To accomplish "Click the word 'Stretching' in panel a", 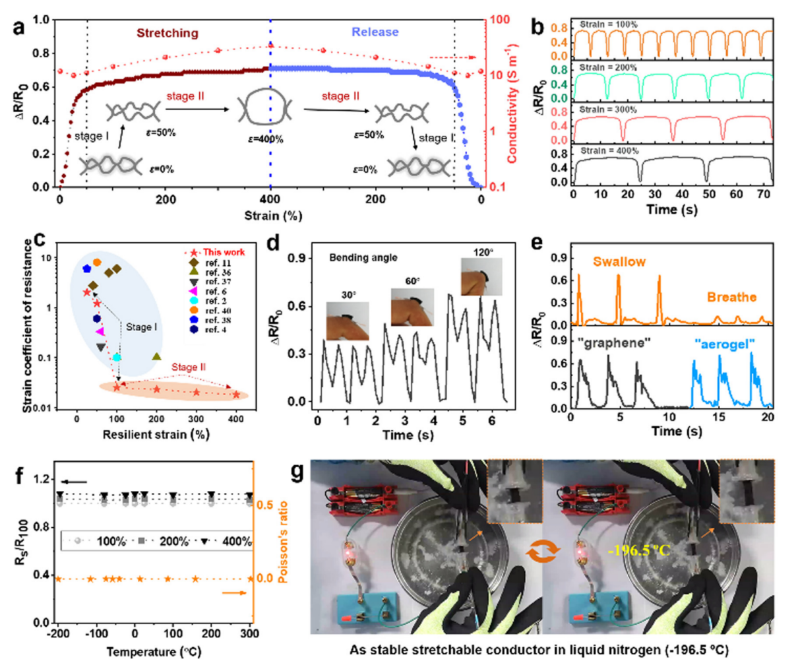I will (x=167, y=32).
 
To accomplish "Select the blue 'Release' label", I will (x=375, y=32).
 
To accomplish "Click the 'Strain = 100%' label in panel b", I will (x=608, y=24).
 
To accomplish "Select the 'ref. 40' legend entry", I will (x=218, y=310).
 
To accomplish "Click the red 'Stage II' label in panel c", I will (x=189, y=367).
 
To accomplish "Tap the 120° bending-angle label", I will (x=483, y=252).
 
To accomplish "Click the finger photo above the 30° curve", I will (x=348, y=321).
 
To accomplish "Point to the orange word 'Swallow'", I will (x=619, y=262).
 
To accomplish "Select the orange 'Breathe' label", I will (x=731, y=298).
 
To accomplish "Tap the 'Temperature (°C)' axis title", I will (x=154, y=652).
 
